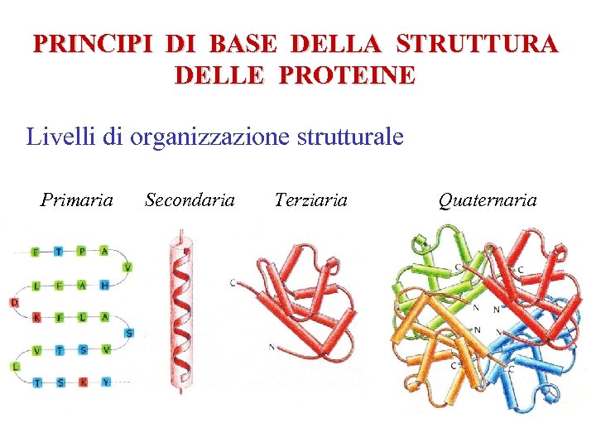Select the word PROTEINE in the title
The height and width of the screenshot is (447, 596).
[x=348, y=75]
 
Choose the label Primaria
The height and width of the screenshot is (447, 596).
[x=77, y=199]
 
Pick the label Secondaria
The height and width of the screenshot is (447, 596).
[x=190, y=199]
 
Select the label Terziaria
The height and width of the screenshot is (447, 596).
[x=310, y=199]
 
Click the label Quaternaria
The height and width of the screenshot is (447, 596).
[x=488, y=199]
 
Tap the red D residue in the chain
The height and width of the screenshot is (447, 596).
[x=14, y=302]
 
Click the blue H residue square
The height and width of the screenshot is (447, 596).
[x=105, y=285]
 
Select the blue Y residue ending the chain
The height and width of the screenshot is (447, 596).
[x=106, y=382]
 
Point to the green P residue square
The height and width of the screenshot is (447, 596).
[x=82, y=252]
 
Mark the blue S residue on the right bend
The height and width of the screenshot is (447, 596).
[x=128, y=333]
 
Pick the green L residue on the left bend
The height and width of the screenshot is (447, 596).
[x=14, y=366]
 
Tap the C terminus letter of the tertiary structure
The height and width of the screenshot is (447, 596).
[x=233, y=283]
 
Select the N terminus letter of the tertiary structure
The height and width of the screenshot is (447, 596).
[x=272, y=347]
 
